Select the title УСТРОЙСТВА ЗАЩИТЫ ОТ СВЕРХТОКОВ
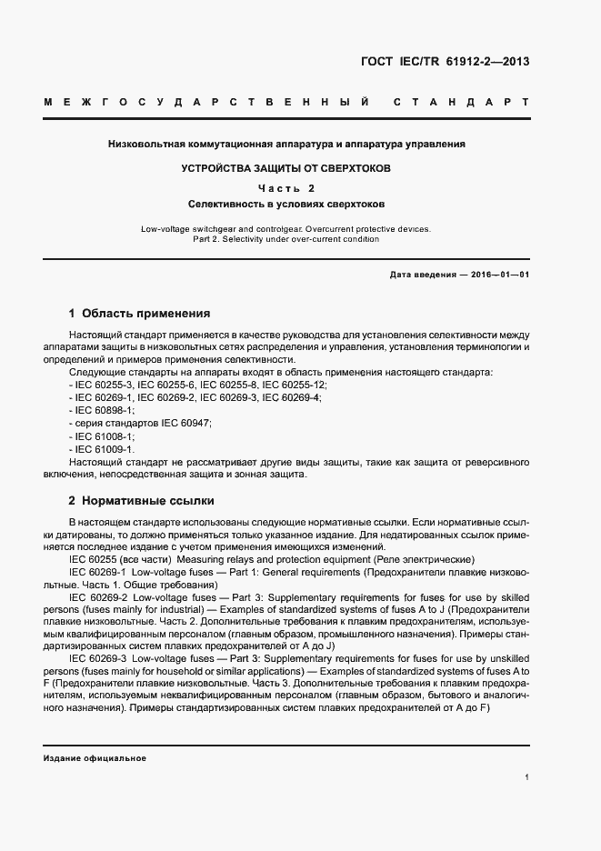[286, 168]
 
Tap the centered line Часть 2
[286, 188]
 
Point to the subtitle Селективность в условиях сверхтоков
[286, 205]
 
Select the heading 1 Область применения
[140, 313]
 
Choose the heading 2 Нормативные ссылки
[143, 501]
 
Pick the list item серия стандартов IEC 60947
[135, 424]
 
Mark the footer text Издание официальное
[95, 757]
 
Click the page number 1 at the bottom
[526, 777]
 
